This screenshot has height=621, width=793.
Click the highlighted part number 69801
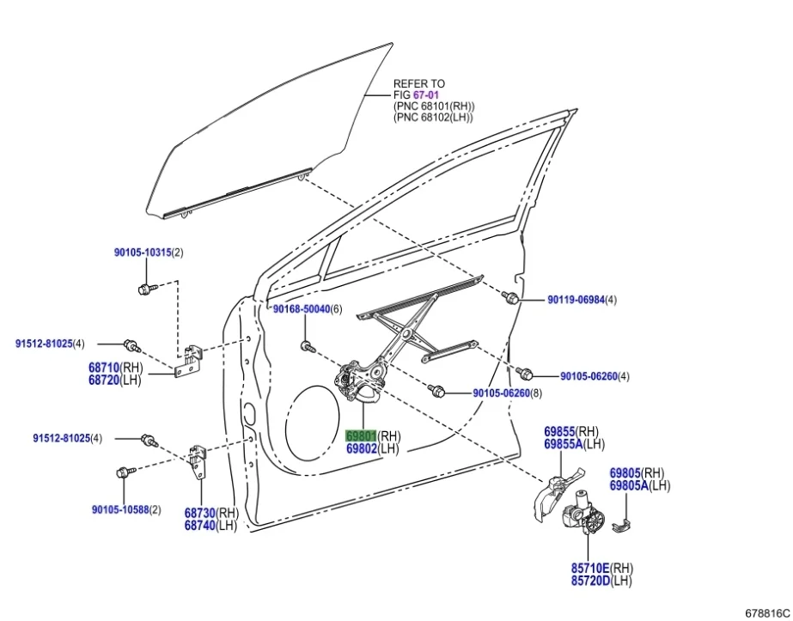361,435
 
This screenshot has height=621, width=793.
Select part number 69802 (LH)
361,448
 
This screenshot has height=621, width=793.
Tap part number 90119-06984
576,300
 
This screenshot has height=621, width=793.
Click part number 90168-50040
301,309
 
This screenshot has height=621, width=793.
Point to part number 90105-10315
143,253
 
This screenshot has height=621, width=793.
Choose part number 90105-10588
119,509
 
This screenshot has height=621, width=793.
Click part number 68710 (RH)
103,367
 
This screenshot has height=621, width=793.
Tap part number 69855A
563,443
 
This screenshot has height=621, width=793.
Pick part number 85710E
590,568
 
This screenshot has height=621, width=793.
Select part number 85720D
590,581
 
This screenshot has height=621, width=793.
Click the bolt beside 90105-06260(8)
438,392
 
